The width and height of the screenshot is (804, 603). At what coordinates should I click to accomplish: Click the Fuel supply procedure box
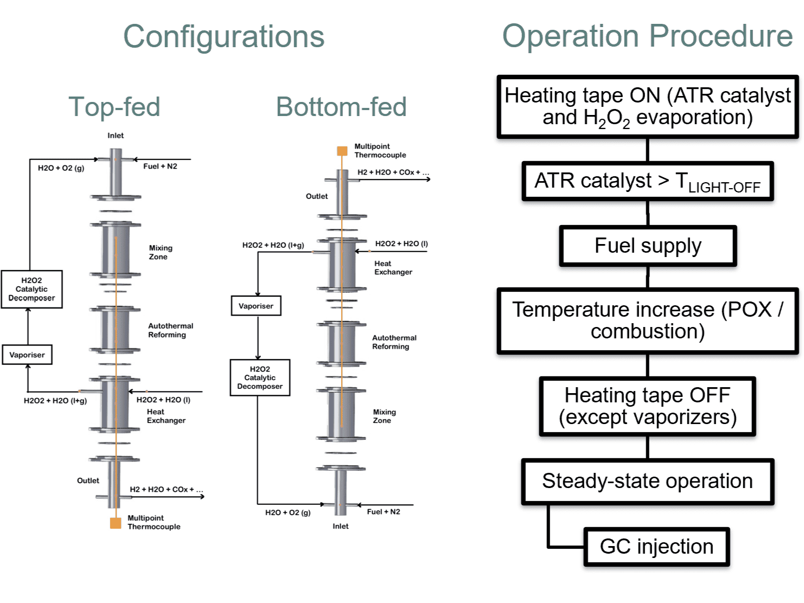point(648,246)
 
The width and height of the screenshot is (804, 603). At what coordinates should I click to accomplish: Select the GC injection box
point(656,547)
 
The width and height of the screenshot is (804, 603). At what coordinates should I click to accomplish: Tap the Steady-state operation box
point(647,482)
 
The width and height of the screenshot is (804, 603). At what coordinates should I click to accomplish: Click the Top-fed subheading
point(114,107)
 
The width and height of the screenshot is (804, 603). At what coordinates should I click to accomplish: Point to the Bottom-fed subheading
point(341,107)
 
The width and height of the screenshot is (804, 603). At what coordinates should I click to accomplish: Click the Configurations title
point(224,37)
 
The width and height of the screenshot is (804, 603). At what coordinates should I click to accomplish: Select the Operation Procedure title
point(647,36)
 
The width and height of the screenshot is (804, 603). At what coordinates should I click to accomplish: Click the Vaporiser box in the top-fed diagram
point(27,355)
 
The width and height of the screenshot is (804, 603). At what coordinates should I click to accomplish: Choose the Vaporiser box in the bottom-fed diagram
point(256,306)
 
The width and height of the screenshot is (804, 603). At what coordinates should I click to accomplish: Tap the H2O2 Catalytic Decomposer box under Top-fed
point(31,290)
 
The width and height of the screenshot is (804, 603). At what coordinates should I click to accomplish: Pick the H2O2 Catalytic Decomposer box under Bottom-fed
point(260,378)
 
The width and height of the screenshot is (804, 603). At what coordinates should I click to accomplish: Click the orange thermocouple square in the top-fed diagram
point(116,523)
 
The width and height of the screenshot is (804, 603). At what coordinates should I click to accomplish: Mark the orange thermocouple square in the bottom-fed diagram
point(342,151)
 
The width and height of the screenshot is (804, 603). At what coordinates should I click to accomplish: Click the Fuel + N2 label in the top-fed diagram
point(160,166)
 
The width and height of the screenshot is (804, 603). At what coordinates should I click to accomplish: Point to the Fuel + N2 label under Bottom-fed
point(384,512)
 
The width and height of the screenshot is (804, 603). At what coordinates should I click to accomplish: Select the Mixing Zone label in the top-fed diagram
point(161,252)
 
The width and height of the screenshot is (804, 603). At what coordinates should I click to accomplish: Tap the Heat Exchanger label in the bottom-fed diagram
point(393,268)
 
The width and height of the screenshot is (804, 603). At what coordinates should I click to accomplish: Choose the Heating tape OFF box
point(647,407)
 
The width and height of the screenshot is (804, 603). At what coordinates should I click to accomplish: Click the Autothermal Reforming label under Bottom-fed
point(394,342)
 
